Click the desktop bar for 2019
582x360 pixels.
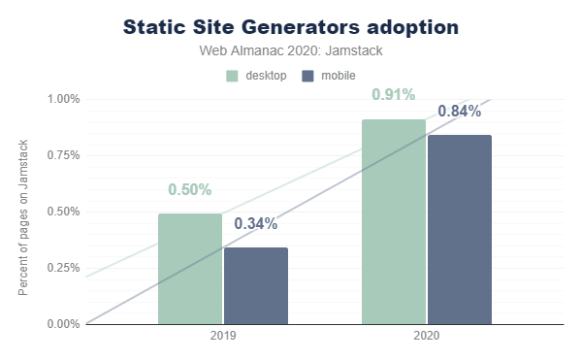(190, 269)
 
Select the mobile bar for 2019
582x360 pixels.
(256, 286)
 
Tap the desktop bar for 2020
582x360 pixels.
(394, 221)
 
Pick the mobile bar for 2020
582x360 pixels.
(460, 229)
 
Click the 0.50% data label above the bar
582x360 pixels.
(190, 189)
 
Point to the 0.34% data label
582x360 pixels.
(256, 223)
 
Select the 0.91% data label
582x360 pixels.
(394, 95)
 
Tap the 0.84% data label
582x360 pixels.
(460, 111)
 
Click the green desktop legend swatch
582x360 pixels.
(232, 76)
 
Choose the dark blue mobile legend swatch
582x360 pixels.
(307, 76)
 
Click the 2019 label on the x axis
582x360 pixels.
(223, 336)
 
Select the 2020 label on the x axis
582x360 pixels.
(427, 336)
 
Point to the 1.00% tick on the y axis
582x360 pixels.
(63, 99)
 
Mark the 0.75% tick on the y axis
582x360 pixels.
(63, 155)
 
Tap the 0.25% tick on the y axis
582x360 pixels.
(63, 268)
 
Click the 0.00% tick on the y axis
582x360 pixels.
(63, 324)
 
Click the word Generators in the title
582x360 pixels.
(301, 27)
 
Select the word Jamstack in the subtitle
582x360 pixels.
(354, 50)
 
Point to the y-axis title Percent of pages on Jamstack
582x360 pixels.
(23, 217)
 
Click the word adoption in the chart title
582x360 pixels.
(413, 28)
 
